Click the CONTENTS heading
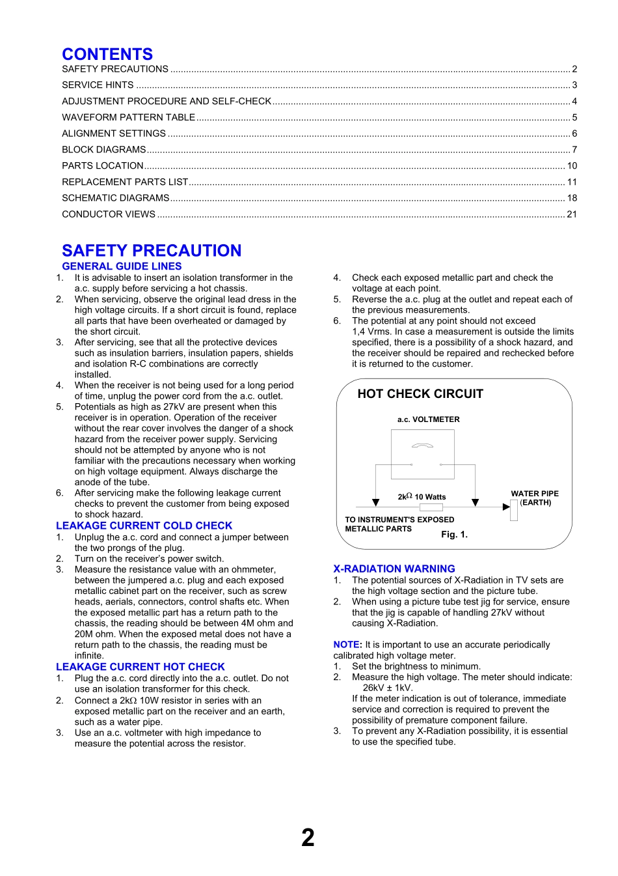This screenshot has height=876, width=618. (x=107, y=54)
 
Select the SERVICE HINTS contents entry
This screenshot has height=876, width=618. (x=98, y=85)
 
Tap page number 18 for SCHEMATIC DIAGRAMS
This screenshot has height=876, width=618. (x=572, y=198)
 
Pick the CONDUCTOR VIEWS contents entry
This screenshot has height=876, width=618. (x=109, y=214)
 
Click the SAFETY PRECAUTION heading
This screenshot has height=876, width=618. (x=152, y=251)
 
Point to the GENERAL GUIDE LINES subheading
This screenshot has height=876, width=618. (x=122, y=266)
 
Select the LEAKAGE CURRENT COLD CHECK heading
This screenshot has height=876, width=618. (x=144, y=526)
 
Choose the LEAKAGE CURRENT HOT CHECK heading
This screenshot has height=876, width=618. (x=140, y=667)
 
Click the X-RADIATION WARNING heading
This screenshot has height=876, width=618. (x=394, y=569)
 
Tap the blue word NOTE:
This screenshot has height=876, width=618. (x=347, y=645)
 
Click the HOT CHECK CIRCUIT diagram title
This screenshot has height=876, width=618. (x=420, y=394)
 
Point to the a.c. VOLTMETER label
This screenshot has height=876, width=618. (x=428, y=419)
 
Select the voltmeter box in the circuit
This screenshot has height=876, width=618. (x=422, y=454)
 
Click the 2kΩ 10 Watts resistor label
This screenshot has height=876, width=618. (x=422, y=497)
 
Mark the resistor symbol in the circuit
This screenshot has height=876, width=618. (x=431, y=507)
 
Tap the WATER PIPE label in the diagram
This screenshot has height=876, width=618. (x=535, y=494)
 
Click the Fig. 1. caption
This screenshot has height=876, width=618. (x=454, y=535)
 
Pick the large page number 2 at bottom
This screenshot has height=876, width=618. (x=308, y=838)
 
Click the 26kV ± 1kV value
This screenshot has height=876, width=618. (x=388, y=688)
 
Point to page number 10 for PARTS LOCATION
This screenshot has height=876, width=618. (x=572, y=166)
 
